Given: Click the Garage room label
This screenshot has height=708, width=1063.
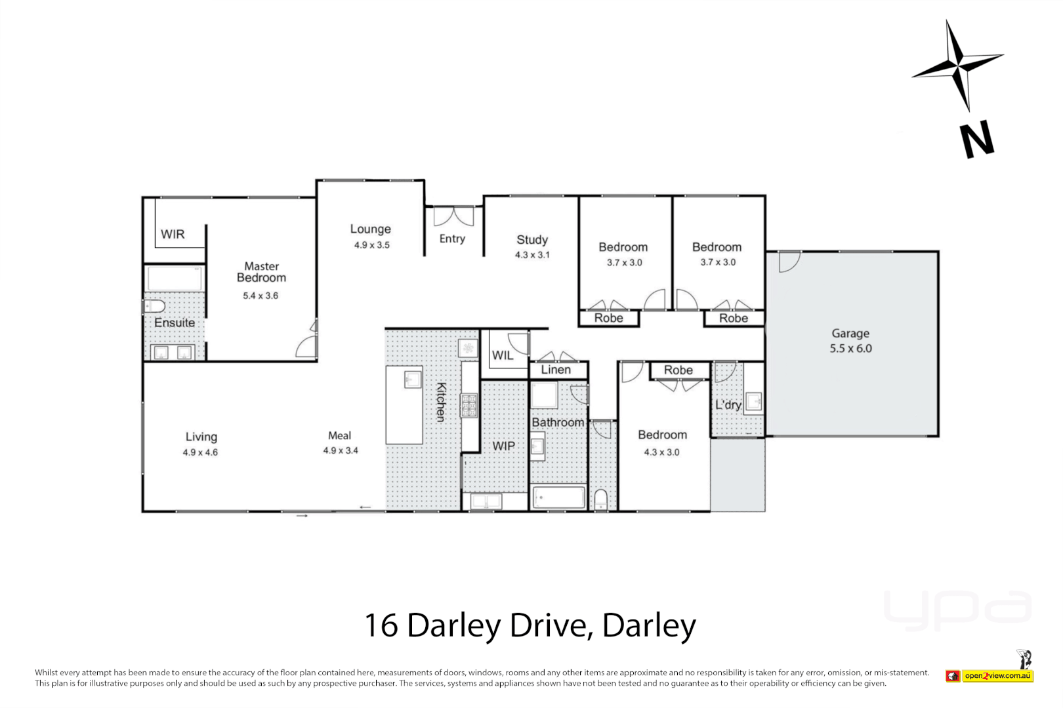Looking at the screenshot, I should (x=850, y=334).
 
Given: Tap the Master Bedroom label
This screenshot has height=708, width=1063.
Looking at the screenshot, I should (x=261, y=272).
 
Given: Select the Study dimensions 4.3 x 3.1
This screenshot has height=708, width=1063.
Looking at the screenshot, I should (x=532, y=255).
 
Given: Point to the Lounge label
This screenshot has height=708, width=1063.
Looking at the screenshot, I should (x=371, y=229).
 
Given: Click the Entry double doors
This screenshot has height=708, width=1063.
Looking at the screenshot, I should (x=453, y=216).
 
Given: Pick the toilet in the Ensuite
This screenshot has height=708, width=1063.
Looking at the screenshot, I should (x=154, y=306).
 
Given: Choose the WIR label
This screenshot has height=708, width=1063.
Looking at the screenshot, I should (x=173, y=234).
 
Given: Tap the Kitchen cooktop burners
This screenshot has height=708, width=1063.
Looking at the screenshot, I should (x=469, y=406).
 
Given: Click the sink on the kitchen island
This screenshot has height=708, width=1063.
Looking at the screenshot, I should (x=412, y=379).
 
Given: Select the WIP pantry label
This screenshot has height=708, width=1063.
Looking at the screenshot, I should (x=504, y=446).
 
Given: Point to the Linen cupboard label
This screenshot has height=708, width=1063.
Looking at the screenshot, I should (x=556, y=370).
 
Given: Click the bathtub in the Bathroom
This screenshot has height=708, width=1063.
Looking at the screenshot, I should (x=558, y=498).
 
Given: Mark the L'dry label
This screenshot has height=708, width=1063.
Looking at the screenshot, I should (x=728, y=404).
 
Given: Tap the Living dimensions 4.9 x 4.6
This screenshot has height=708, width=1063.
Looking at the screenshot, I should (x=200, y=452).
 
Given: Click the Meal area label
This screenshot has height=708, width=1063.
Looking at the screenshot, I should (x=340, y=435).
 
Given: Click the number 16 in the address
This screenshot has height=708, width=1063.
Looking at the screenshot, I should (x=381, y=625).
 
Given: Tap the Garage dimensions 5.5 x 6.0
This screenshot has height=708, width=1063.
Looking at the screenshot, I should (x=850, y=349).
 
